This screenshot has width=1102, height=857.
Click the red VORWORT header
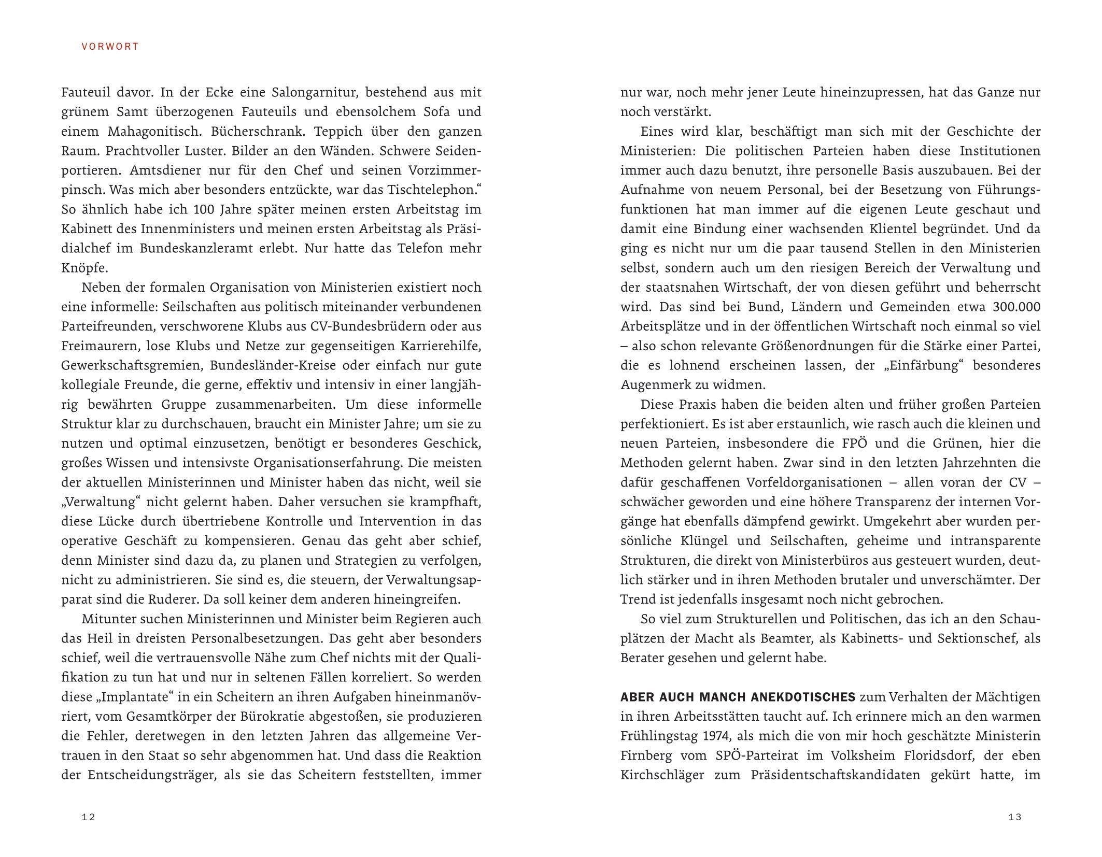(x=110, y=47)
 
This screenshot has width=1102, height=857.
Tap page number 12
(x=89, y=817)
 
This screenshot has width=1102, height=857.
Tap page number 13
(x=1014, y=817)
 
